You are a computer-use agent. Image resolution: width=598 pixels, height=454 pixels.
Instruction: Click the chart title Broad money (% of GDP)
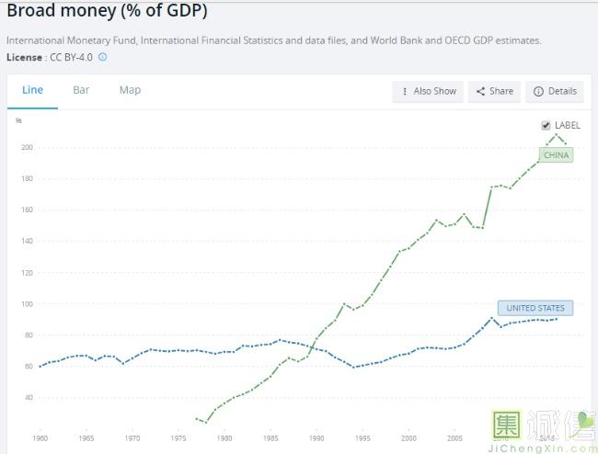[107, 11]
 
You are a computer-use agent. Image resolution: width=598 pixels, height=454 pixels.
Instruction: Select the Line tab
[32, 90]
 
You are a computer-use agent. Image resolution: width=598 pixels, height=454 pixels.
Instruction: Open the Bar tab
[81, 90]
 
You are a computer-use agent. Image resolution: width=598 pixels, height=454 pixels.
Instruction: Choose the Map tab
[130, 90]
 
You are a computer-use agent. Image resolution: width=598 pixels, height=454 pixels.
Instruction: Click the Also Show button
[428, 91]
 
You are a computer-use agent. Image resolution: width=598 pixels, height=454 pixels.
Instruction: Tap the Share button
[495, 91]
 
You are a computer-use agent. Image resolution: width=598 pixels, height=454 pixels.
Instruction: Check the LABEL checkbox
[546, 125]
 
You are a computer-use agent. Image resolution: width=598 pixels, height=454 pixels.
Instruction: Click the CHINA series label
[557, 155]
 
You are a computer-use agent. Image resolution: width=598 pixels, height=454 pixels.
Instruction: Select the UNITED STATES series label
[535, 308]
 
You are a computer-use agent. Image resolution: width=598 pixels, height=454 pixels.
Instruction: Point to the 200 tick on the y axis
[27, 147]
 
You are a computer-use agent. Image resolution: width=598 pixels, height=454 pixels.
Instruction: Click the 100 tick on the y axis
[27, 303]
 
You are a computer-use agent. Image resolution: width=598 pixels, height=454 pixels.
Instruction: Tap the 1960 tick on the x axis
[40, 438]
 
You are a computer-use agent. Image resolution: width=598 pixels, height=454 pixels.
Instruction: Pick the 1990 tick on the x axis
[316, 438]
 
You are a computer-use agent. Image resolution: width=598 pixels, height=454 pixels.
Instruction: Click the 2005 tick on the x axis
[454, 438]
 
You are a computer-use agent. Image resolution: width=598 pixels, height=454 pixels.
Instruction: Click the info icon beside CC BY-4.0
[102, 57]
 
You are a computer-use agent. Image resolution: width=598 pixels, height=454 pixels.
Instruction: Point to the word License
[24, 57]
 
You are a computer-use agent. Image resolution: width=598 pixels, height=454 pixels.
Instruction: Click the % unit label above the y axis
[18, 120]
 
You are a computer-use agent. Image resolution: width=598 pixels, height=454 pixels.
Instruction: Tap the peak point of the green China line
[556, 135]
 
